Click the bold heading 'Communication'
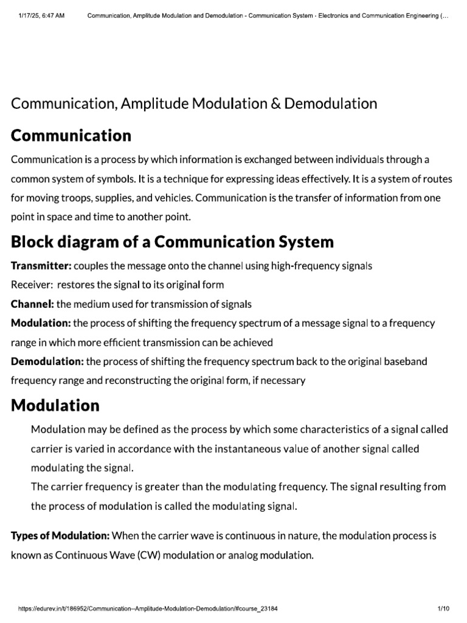[x=71, y=135]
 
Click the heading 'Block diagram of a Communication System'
[x=173, y=242]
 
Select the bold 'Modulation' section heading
[x=55, y=405]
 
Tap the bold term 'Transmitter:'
[x=41, y=266]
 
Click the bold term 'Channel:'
[x=33, y=304]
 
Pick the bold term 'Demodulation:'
[x=47, y=361]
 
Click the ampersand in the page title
[x=258, y=103]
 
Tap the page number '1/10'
[x=443, y=608]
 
